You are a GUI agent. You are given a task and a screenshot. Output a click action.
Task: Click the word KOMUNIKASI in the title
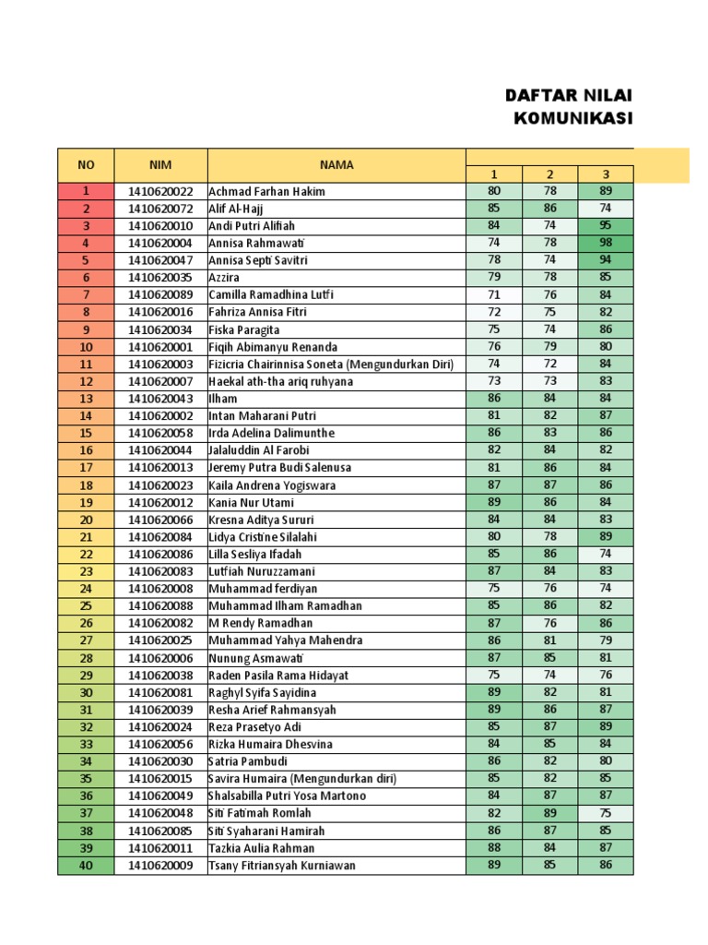[x=572, y=118]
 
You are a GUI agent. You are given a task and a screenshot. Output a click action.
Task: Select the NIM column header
[x=160, y=165]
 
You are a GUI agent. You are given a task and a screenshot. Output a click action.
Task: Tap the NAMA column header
[x=336, y=165]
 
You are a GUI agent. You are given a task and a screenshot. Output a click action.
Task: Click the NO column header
[x=86, y=165]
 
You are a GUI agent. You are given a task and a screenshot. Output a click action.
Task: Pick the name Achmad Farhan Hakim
[x=266, y=192]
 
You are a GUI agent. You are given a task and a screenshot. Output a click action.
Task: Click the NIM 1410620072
[x=160, y=209]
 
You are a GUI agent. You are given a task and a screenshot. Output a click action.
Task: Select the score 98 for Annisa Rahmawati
[x=605, y=243]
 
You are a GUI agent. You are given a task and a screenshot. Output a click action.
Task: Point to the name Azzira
[x=225, y=278]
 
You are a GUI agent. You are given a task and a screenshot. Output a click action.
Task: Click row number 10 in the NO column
[x=86, y=347]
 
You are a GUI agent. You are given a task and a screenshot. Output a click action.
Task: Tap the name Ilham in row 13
[x=223, y=399]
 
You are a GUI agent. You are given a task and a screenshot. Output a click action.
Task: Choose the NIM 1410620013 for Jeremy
[x=160, y=468]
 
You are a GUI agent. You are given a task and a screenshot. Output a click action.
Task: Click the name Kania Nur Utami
[x=252, y=503]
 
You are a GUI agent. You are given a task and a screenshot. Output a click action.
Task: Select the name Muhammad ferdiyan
[x=263, y=589]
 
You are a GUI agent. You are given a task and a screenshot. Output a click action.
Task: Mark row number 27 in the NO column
[x=86, y=640]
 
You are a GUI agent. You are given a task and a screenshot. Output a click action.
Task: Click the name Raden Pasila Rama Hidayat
[x=278, y=676]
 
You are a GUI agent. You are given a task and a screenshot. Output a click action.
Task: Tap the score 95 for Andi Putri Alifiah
[x=605, y=226]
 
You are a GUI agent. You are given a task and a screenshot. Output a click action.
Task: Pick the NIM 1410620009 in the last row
[x=160, y=866]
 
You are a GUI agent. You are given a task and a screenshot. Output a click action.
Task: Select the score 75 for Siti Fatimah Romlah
[x=605, y=813]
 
